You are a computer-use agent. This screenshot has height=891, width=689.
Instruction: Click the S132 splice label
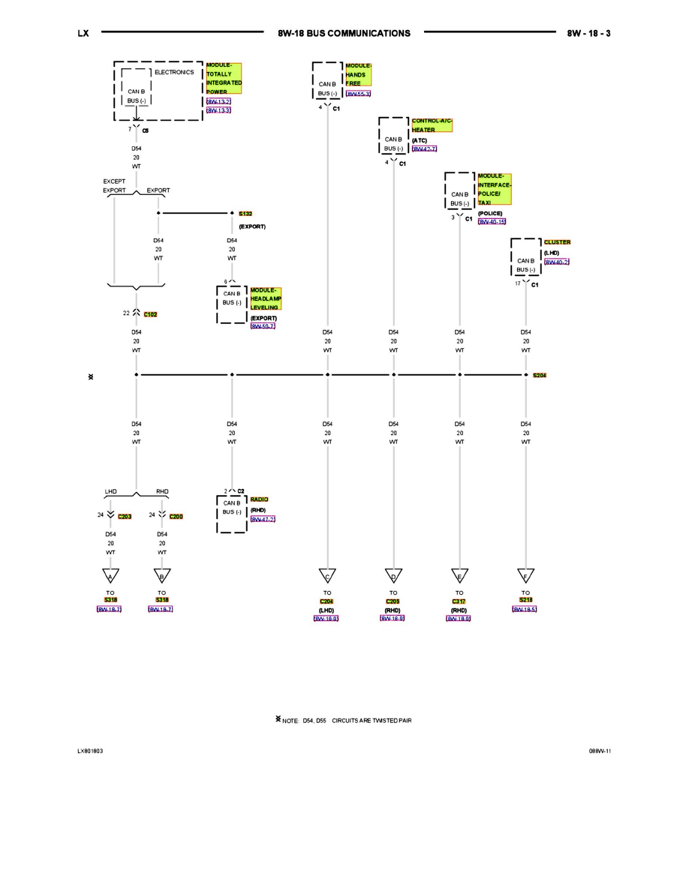245,214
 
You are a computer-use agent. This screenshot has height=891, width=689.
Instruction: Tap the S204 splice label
540,375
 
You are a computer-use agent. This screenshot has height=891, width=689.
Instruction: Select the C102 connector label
150,314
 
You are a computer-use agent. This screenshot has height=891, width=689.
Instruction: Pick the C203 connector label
125,517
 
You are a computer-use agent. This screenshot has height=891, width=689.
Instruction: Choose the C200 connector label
176,517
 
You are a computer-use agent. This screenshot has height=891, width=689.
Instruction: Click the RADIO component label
260,499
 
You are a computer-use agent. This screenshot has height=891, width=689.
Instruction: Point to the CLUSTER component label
557,242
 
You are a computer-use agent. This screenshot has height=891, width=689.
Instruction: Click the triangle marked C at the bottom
327,576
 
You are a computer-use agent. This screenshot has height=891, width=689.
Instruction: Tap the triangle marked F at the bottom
525,576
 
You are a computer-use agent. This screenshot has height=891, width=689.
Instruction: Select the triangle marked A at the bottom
110,576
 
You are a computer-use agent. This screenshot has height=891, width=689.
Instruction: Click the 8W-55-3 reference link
358,94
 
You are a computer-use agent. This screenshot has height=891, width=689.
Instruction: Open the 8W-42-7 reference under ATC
424,149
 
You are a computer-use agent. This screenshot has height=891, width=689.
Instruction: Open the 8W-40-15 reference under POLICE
492,222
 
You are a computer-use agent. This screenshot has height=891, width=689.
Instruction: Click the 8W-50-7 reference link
263,326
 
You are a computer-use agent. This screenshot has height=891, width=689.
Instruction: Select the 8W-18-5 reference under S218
525,610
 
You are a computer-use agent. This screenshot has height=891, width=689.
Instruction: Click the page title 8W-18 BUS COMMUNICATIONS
344,33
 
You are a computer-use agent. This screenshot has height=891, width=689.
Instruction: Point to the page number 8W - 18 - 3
588,33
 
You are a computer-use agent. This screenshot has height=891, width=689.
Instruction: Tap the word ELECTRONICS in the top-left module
174,73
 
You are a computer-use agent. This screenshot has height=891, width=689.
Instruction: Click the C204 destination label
326,601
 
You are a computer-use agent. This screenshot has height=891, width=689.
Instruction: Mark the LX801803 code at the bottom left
91,751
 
